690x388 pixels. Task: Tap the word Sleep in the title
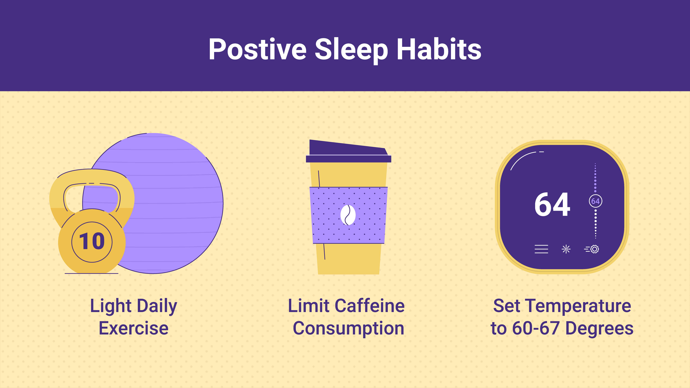tap(351, 51)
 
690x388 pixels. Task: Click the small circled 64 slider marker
tap(595, 201)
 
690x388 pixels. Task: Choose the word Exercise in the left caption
tap(134, 328)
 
